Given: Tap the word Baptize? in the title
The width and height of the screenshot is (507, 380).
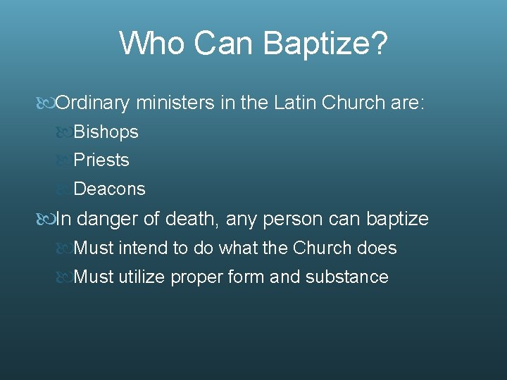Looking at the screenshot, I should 325,44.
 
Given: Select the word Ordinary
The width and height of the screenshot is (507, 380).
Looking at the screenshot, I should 92,103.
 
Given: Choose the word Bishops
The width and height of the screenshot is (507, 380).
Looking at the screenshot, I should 106,132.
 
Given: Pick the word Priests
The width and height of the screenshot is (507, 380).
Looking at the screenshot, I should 101,160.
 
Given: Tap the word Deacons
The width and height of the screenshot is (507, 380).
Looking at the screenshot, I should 109,189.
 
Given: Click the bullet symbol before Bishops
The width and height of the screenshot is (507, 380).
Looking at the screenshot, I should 63,132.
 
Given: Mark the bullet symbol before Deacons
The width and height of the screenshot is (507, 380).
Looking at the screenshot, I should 63,189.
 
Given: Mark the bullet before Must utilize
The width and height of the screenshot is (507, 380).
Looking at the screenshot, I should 63,277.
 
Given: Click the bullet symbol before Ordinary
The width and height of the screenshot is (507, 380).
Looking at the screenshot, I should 46,103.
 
